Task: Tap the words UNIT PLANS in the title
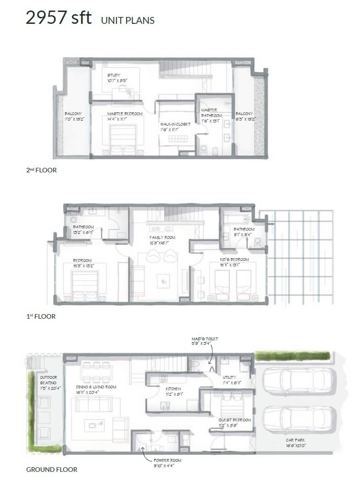127,20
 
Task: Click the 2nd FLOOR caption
41,170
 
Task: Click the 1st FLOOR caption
41,316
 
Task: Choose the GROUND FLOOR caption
51,469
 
